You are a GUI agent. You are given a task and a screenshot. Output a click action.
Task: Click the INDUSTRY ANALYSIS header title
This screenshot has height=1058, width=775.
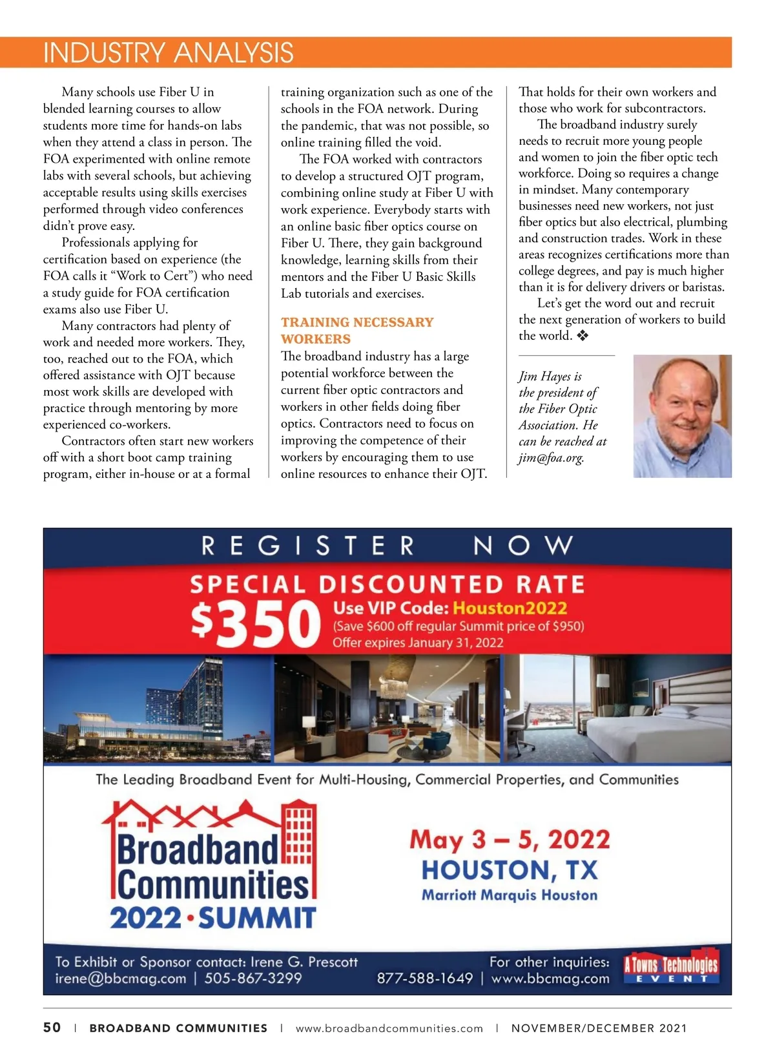[x=169, y=53]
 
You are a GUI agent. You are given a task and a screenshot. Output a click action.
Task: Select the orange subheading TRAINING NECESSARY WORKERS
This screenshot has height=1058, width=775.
[x=356, y=330]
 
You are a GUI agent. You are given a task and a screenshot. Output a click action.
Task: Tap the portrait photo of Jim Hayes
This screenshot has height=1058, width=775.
[x=682, y=416]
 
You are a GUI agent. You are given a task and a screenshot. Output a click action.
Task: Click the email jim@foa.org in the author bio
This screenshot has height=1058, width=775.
[x=551, y=458]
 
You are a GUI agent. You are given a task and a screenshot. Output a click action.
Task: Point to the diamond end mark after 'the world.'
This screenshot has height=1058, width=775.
[x=583, y=336]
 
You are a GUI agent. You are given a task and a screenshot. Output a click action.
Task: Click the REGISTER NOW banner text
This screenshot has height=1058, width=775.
[x=387, y=546]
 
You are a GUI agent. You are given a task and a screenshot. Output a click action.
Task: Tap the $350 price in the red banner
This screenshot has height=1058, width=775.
[x=256, y=624]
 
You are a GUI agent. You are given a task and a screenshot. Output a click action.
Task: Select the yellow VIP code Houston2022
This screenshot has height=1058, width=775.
[x=510, y=608]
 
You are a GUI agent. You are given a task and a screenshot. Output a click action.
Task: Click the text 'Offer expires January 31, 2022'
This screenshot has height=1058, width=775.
[x=418, y=643]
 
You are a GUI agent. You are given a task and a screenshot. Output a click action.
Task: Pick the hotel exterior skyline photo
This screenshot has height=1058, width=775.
[x=158, y=709]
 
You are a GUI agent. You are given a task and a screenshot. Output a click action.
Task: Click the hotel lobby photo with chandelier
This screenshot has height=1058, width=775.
[x=387, y=709]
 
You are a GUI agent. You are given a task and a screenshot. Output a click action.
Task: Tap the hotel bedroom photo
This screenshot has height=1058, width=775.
[x=617, y=709]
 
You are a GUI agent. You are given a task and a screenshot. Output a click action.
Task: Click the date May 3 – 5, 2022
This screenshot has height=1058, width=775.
[x=510, y=840]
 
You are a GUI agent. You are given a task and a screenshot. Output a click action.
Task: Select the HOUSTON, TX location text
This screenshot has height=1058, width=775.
[x=510, y=870]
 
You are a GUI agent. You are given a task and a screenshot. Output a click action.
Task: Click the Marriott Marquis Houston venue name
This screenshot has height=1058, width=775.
[x=510, y=895]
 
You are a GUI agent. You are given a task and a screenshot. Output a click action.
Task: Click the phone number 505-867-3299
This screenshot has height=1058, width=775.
[x=253, y=978]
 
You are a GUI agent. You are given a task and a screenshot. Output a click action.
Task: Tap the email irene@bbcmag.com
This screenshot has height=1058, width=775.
[x=121, y=978]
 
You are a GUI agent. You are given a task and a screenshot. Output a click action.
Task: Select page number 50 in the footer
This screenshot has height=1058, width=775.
[x=52, y=1028]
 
